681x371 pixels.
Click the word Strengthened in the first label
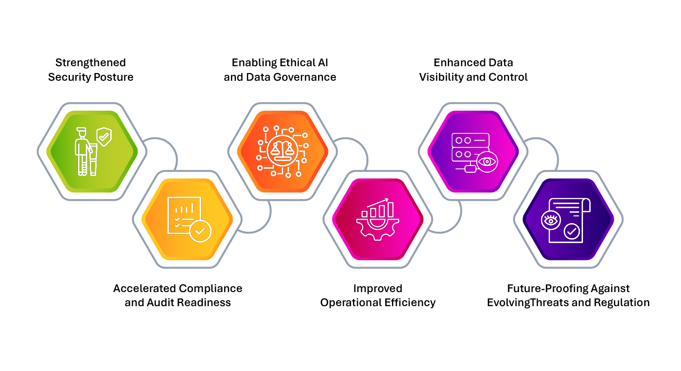90,63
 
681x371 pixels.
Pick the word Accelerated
144,288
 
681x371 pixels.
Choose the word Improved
377,288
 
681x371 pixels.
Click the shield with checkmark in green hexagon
104,137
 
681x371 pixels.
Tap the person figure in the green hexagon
83,151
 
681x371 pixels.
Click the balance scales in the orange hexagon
282,150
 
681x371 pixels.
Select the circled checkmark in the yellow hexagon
200,231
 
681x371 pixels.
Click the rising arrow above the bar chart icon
377,203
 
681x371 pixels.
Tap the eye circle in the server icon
487,161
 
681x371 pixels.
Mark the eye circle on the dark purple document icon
551,220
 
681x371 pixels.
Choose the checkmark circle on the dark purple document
572,231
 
